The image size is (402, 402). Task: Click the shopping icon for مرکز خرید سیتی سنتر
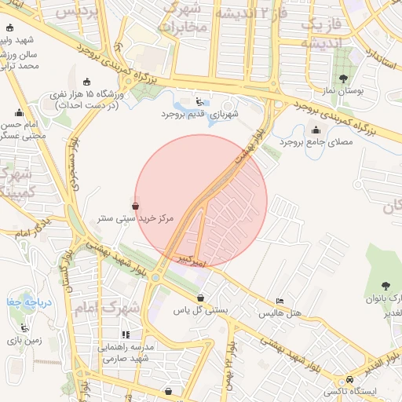(136, 206)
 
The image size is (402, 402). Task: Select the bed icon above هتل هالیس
(280, 301)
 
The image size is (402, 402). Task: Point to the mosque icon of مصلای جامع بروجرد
(316, 130)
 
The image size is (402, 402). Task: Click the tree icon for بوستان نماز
(343, 79)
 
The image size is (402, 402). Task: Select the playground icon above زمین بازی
(25, 328)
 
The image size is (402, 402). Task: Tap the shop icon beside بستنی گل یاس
(201, 298)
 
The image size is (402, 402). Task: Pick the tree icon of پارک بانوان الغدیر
(385, 286)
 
